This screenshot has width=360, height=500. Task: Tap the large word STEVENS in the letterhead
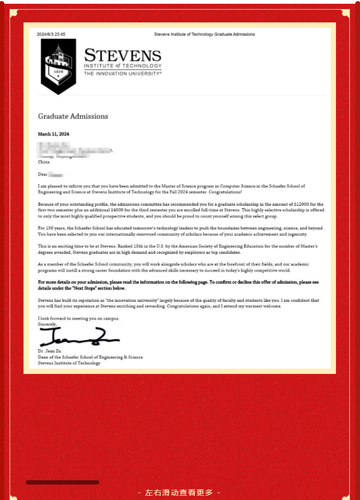pyautogui.click(x=122, y=56)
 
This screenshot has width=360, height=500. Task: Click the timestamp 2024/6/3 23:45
pyautogui.click(x=51, y=34)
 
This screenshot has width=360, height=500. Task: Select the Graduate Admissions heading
pyautogui.click(x=73, y=116)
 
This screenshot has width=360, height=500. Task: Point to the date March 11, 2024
pyautogui.click(x=53, y=134)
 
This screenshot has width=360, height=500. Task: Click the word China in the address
pyautogui.click(x=44, y=161)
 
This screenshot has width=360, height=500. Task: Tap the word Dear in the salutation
pyautogui.click(x=43, y=175)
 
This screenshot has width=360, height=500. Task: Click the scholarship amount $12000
pyautogui.click(x=303, y=205)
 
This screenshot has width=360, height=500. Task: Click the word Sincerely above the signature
pyautogui.click(x=47, y=324)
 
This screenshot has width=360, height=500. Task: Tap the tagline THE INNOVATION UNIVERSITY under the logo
pyautogui.click(x=122, y=74)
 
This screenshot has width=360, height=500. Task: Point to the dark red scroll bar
pyautogui.click(x=62, y=482)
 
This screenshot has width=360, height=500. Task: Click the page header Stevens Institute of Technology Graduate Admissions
pyautogui.click(x=204, y=34)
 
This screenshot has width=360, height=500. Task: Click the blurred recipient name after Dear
pyautogui.click(x=56, y=175)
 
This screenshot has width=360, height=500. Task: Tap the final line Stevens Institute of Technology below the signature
pyautogui.click(x=69, y=363)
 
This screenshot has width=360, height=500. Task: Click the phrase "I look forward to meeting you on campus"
pyautogui.click(x=79, y=318)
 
